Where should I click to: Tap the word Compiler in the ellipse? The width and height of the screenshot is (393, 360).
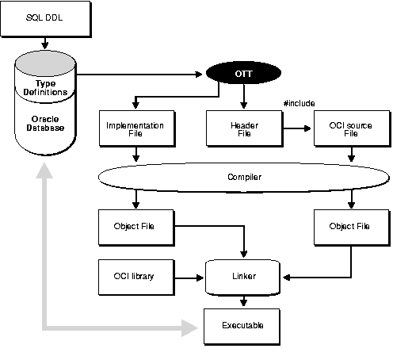point(243,177)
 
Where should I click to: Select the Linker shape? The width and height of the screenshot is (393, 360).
point(243,276)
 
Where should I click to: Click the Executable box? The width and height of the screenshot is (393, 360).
point(243,326)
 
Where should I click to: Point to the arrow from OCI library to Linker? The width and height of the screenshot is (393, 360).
point(189,277)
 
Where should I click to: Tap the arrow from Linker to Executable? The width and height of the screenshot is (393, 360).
point(243,301)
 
